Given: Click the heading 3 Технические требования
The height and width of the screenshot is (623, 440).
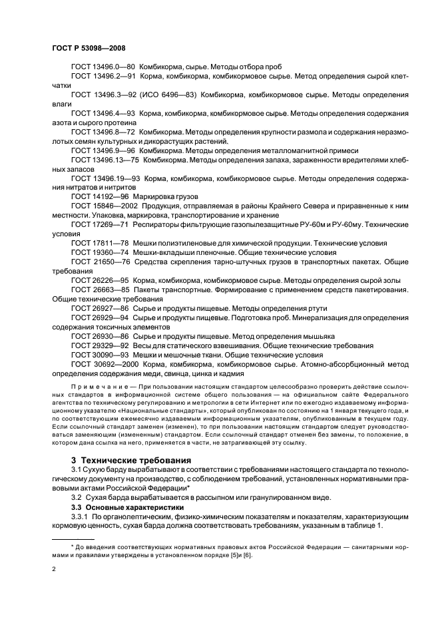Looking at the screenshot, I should point(130,460).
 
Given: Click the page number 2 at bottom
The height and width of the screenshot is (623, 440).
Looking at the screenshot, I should point(54,570).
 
